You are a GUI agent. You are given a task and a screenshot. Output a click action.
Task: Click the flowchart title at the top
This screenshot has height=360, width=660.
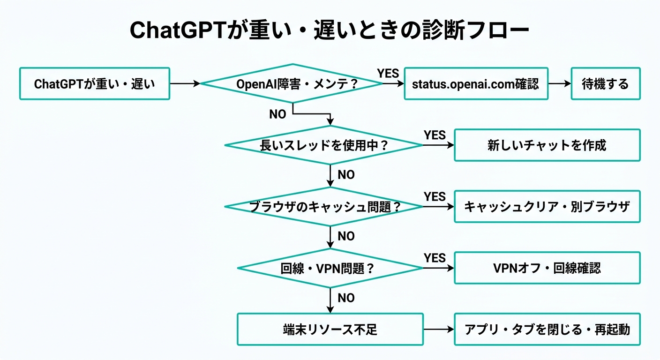pos(330,30)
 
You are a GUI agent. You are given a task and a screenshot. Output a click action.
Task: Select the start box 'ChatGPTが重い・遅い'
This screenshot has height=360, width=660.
pos(94,84)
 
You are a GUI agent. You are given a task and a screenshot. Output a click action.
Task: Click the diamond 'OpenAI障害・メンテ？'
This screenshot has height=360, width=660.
pos(292,84)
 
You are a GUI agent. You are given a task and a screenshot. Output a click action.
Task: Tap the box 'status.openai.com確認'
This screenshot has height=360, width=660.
pos(476,84)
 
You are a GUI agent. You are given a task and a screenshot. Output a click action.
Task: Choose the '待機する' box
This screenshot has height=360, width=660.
pos(605,84)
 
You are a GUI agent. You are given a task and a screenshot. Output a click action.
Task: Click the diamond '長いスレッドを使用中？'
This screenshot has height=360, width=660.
pos(324,145)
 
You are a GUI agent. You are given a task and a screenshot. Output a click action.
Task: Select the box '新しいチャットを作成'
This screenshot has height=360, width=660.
pos(547,145)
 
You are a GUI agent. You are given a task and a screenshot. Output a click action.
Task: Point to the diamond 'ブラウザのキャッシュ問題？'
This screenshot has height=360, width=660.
pos(324,207)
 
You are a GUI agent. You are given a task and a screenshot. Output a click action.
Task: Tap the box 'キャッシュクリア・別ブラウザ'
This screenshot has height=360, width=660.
pos(547,207)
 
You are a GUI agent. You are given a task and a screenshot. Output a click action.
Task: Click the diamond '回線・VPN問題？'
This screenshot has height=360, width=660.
pos(330,268)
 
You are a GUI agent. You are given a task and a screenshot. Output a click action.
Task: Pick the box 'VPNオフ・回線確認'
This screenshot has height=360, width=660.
pos(547,268)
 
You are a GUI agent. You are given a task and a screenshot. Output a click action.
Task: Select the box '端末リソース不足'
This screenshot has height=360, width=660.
pos(330,330)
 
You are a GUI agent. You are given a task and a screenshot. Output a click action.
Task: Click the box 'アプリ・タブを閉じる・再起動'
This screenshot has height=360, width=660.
pos(547,330)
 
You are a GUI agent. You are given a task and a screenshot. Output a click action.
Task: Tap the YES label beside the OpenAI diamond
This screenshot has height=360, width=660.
pos(388,73)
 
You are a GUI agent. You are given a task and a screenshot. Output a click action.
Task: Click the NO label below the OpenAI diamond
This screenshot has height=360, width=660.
pos(277,114)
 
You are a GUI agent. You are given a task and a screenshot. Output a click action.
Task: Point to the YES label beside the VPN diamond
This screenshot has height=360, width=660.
pos(435,257)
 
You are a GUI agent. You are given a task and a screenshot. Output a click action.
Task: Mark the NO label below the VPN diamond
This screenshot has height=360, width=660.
pos(346,298)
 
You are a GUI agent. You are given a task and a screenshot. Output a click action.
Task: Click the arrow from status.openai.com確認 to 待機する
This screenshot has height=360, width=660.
pos(559,84)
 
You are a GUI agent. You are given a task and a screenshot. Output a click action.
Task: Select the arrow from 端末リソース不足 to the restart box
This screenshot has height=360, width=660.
pos(439,330)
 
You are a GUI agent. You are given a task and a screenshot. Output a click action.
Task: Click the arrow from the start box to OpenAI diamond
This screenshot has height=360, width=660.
pos(185,84)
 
